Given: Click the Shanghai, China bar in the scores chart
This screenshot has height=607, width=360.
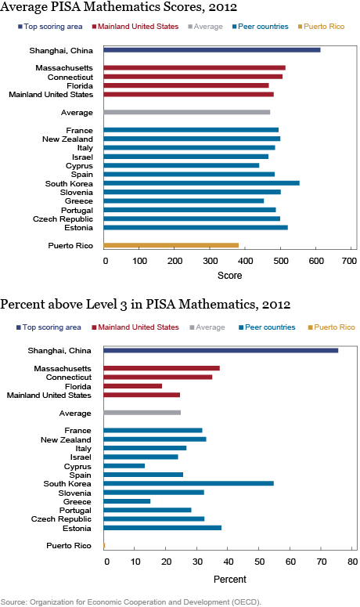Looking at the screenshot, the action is point(212,50).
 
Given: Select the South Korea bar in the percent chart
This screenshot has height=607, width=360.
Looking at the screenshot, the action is point(189,483).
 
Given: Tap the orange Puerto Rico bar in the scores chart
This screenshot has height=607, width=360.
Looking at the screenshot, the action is point(171,245).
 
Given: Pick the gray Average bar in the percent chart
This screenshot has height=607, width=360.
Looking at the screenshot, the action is point(142,413).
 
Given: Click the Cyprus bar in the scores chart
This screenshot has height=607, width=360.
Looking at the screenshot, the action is point(182,165).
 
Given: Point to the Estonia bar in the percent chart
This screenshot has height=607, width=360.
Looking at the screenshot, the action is point(163,528).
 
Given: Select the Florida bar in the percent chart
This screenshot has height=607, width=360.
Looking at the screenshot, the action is point(132,386).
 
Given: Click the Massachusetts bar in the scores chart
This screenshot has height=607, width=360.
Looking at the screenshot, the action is point(195,67).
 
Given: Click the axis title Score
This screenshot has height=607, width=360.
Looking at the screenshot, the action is point(229,276).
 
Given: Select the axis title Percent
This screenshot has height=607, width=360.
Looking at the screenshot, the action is point(229,580).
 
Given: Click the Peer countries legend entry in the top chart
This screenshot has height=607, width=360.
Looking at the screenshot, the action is point(261,27).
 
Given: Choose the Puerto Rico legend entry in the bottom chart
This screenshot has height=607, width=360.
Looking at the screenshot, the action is point(331,327).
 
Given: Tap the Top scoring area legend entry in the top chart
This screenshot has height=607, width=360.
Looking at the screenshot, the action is point(50,27).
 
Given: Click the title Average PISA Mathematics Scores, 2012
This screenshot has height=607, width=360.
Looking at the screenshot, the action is point(119,6).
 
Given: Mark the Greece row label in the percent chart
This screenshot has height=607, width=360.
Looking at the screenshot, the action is point(77,502).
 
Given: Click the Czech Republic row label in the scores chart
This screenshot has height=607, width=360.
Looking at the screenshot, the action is point(63,219).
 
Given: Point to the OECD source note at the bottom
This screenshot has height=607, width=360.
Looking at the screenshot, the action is point(131,602).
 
